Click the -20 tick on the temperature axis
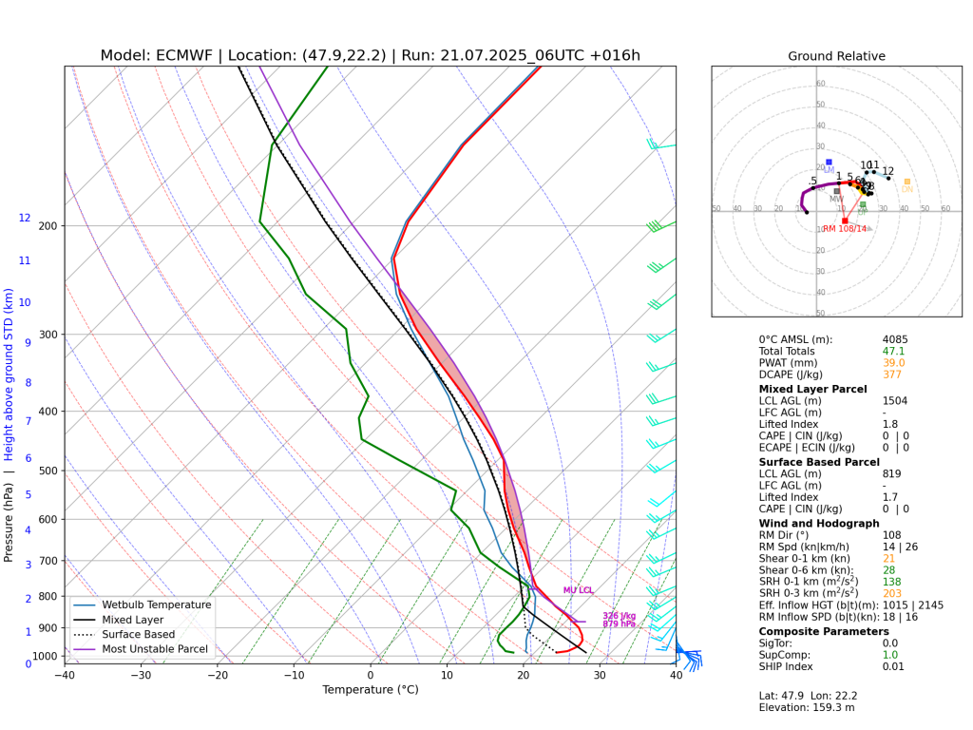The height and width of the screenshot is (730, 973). (x=218, y=676)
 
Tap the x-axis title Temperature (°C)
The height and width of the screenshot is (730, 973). (x=370, y=690)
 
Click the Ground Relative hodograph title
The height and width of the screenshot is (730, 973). (x=836, y=56)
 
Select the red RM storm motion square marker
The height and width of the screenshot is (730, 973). (x=845, y=221)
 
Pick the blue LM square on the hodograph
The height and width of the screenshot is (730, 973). (x=829, y=162)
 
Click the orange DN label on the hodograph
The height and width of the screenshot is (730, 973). (x=906, y=189)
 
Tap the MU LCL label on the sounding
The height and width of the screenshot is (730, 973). (x=578, y=590)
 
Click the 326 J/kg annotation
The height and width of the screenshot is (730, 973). (x=619, y=616)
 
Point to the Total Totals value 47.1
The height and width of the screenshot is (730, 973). (x=893, y=351)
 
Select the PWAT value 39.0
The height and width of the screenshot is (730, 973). (x=893, y=362)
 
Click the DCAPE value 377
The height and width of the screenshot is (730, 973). (x=891, y=375)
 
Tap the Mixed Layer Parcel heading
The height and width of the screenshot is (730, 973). (x=812, y=389)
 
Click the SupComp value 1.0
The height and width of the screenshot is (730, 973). (x=889, y=654)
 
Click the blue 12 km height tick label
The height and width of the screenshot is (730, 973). (x=25, y=218)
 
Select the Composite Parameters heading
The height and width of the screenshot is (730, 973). (x=824, y=631)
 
